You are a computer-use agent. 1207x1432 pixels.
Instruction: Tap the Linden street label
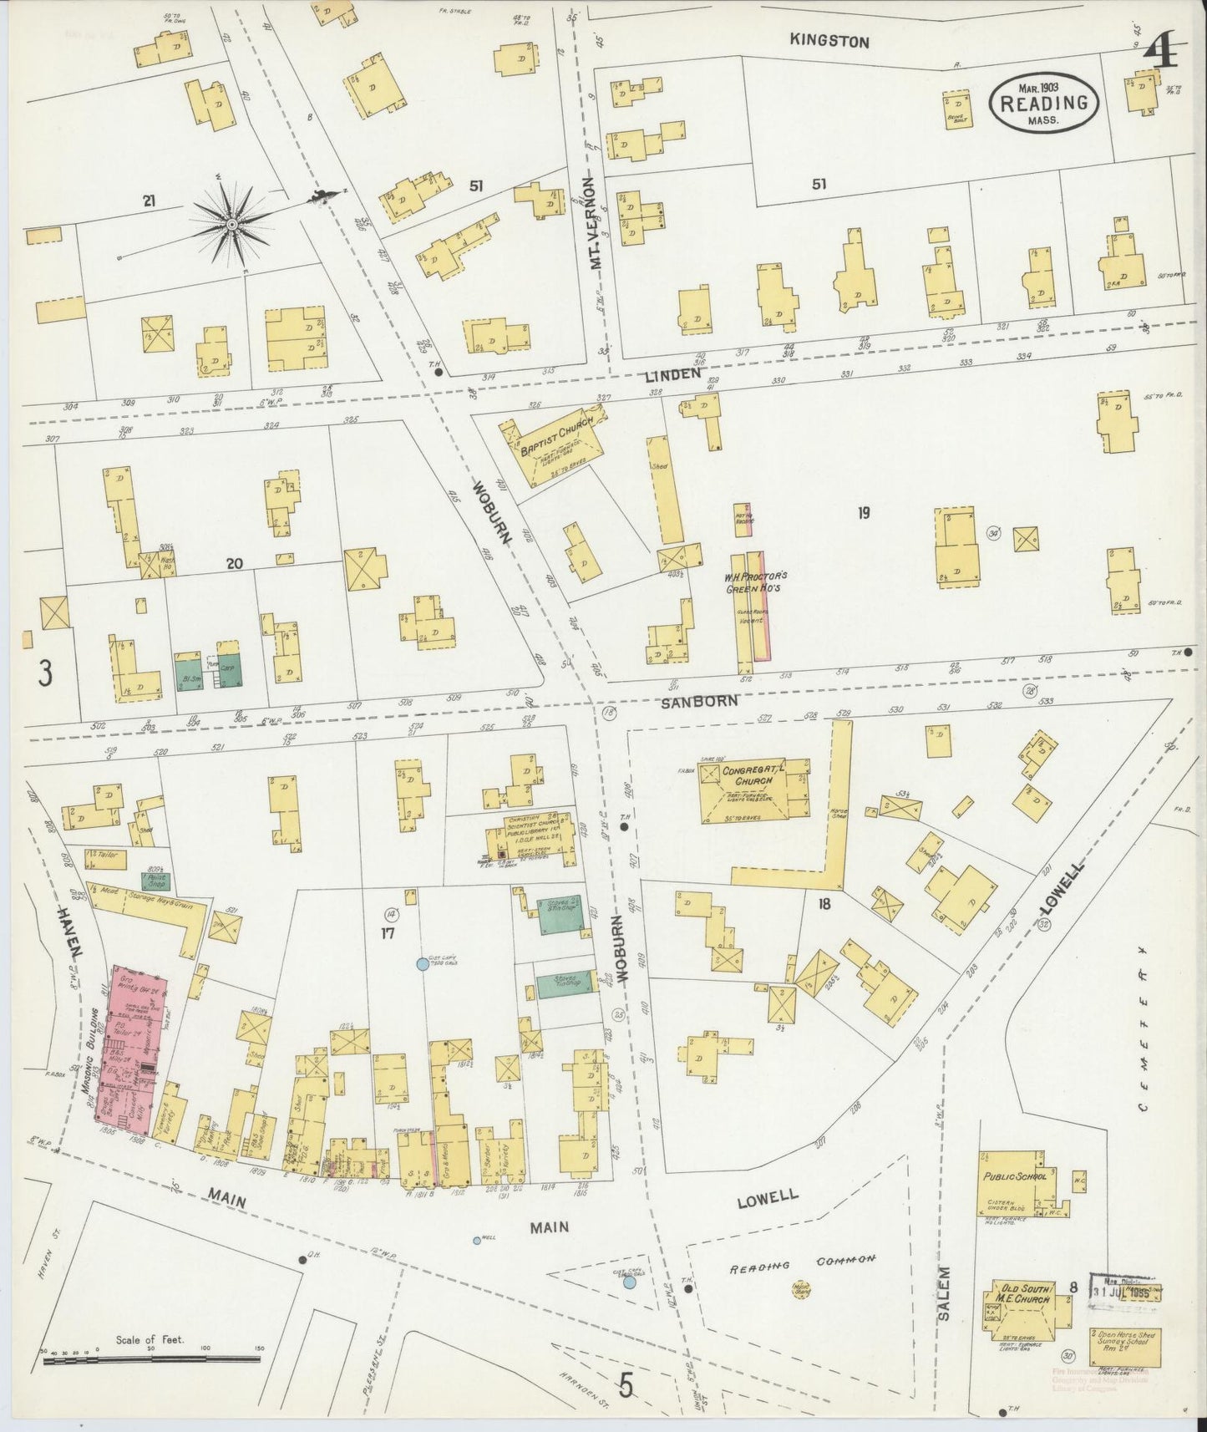672,376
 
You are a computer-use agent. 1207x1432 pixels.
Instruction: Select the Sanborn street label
700,700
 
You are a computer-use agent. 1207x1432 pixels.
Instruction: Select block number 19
863,513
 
